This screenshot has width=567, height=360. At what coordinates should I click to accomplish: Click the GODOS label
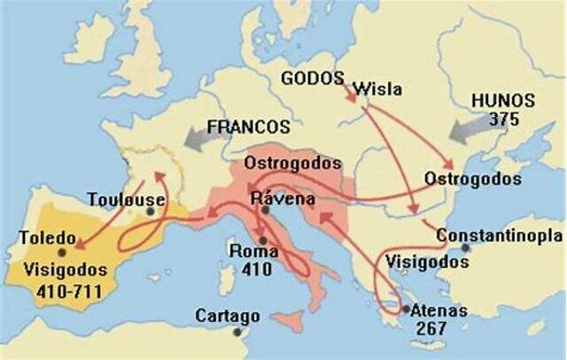point(311,77)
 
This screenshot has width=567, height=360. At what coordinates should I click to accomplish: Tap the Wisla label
point(377,89)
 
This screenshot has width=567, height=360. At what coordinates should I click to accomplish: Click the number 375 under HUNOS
point(503,119)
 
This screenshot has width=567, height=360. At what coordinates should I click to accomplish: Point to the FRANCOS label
point(249,127)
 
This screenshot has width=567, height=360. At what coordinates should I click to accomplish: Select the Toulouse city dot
point(151,211)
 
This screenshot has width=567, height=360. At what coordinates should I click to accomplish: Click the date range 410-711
point(67,290)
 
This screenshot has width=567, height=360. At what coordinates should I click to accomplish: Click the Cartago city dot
point(237,332)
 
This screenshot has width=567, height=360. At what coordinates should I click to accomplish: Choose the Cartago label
point(228,316)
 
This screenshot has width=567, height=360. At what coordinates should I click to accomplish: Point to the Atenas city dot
point(405,309)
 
